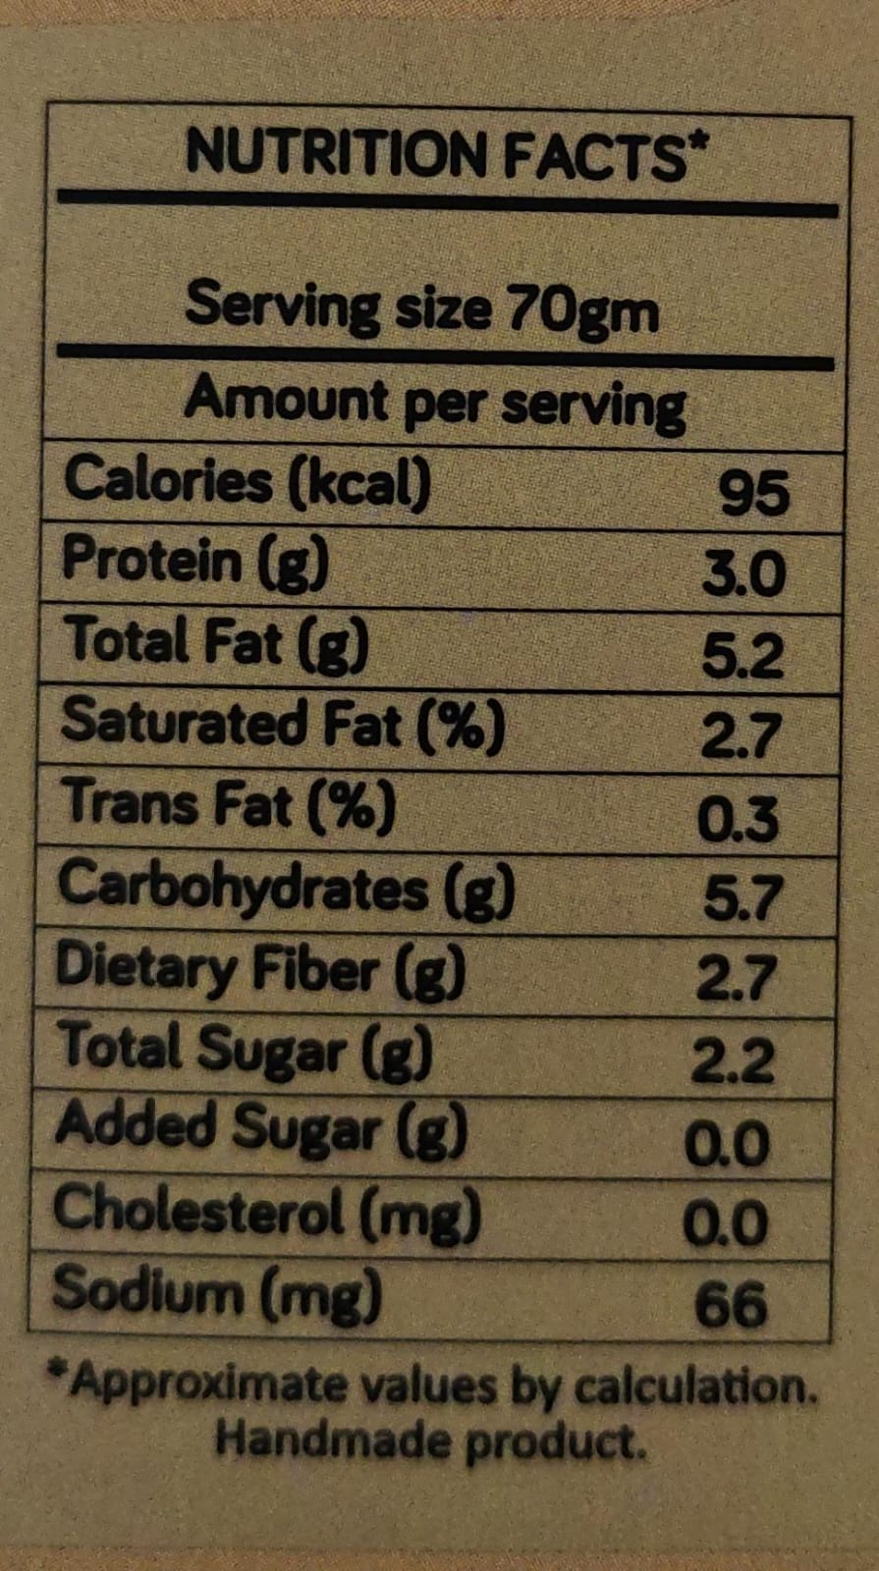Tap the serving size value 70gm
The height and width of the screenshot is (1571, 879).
[x=582, y=311]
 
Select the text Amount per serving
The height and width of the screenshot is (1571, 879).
[x=434, y=403]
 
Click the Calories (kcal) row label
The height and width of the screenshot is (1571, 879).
[x=247, y=482]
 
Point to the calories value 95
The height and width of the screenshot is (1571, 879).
[x=753, y=493]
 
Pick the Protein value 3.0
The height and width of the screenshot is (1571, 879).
[x=743, y=574]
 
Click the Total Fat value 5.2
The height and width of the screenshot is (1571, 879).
[x=742, y=656]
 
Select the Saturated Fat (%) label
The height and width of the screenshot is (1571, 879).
[x=283, y=725]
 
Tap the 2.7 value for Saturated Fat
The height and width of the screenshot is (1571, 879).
[x=741, y=736]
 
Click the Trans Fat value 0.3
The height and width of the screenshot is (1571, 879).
[x=738, y=818]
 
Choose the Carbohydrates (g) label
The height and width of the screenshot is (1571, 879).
[x=286, y=888]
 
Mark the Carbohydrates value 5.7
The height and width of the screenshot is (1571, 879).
[x=742, y=898]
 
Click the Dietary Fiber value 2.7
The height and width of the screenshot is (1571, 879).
[x=737, y=979]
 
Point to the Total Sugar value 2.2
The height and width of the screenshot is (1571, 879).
[x=733, y=1060]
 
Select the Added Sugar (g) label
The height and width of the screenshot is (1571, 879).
[x=261, y=1128]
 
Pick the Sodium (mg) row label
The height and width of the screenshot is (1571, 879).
[x=217, y=1291]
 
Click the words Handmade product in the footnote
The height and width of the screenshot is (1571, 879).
[x=431, y=1440]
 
